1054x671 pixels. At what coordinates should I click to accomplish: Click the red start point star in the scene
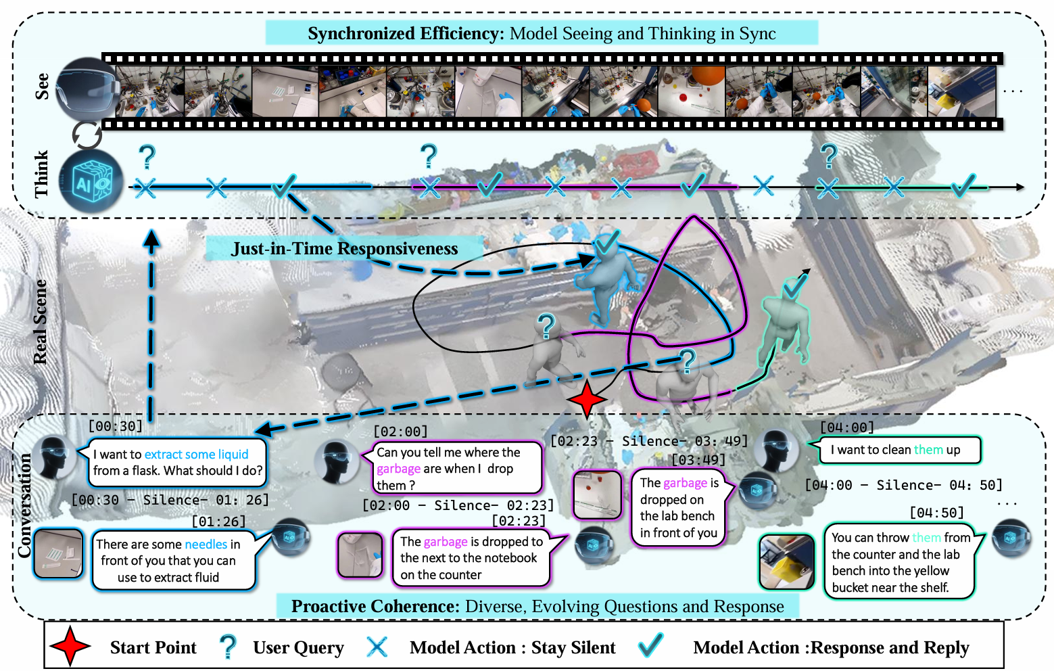point(587,398)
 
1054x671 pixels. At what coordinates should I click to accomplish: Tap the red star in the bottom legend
point(70,647)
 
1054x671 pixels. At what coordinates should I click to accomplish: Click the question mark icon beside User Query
point(229,647)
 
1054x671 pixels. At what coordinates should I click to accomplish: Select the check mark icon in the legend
point(650,646)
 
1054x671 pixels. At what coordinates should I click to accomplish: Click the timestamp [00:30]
point(116,426)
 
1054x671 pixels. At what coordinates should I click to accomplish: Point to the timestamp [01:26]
point(218,522)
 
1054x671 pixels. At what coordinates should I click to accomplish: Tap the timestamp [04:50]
point(936,512)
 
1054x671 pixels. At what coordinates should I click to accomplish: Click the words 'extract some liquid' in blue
point(196,455)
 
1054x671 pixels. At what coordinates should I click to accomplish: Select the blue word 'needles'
point(206,545)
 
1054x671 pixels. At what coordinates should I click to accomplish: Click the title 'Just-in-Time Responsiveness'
point(344,249)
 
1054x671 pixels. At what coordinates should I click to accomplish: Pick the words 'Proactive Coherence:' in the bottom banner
point(375,607)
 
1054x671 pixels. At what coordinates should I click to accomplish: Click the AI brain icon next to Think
point(91,183)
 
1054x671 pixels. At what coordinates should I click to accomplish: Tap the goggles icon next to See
point(88,88)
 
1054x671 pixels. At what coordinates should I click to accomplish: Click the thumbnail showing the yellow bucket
point(786,562)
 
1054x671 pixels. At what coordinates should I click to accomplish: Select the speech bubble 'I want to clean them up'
point(899,450)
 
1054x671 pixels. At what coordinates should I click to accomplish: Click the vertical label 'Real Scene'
point(41,321)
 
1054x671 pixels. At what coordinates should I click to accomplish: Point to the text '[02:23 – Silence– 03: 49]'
point(649,441)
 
